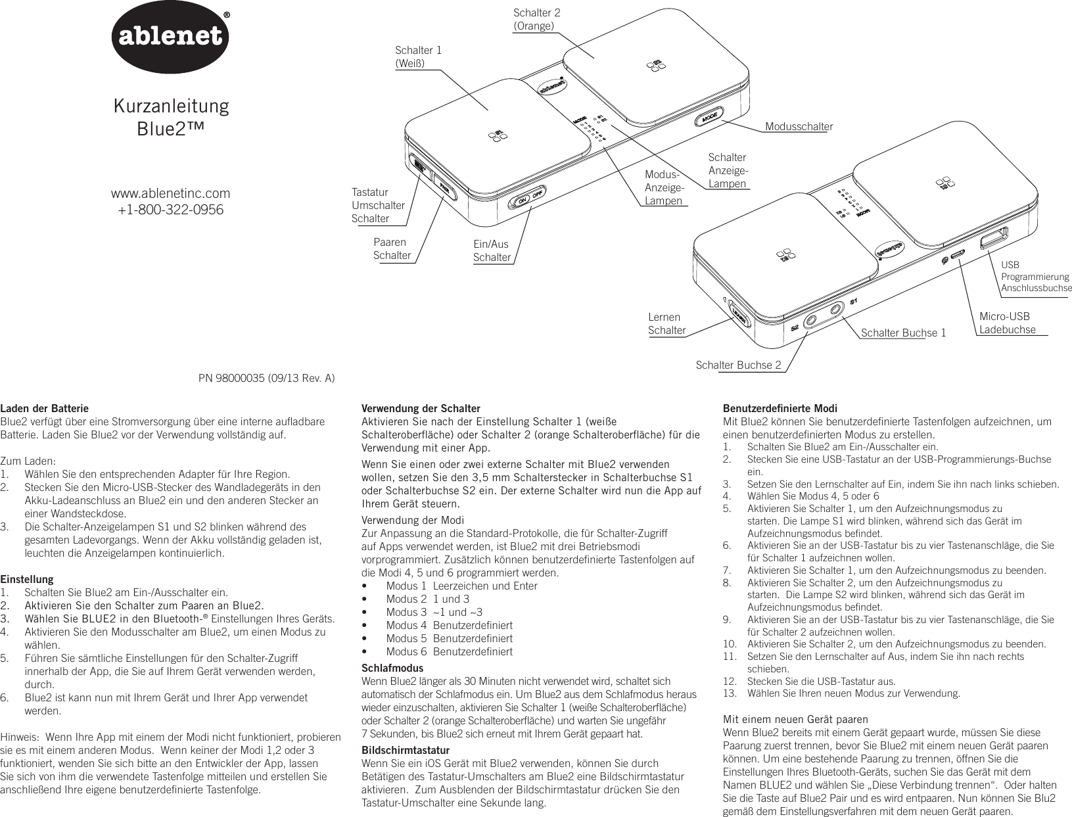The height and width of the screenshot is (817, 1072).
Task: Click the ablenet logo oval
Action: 171,39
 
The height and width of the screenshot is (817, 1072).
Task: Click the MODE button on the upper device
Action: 709,118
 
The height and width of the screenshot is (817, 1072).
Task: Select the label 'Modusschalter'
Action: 798,126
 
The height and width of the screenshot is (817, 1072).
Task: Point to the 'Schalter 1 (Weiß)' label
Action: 418,56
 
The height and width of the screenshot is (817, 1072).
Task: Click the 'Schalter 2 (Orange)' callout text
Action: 536,19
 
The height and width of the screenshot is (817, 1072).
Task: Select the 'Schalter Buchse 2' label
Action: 738,364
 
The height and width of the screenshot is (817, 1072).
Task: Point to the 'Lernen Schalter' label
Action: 666,323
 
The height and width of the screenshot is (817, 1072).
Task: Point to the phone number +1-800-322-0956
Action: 170,210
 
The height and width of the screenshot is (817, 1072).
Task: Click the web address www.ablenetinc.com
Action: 171,193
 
